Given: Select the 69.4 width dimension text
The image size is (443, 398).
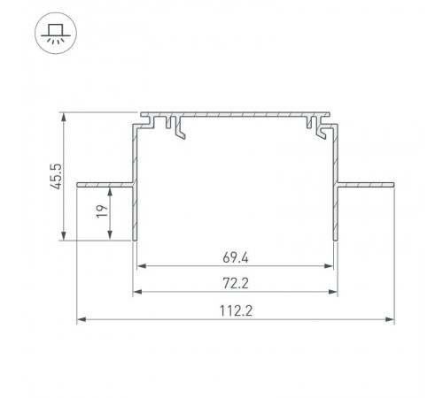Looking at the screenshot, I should [x=235, y=258].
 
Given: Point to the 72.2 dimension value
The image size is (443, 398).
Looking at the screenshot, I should [x=235, y=284].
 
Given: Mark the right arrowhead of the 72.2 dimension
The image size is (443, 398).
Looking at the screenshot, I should [x=335, y=292].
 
